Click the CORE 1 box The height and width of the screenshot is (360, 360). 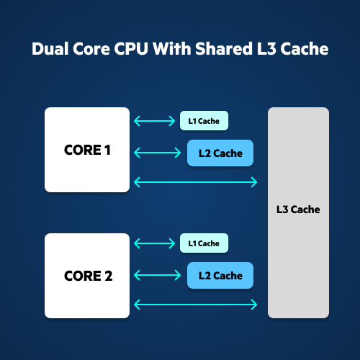(87, 150)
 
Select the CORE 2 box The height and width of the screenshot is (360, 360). (87, 276)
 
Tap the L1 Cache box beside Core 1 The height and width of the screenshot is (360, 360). (204, 121)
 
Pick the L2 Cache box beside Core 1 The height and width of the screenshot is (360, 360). (220, 153)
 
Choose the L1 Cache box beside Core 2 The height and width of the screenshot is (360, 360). (204, 243)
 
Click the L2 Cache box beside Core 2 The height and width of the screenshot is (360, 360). (220, 276)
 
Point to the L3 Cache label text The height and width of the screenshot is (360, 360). (298, 210)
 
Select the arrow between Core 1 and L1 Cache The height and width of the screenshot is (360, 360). (155, 121)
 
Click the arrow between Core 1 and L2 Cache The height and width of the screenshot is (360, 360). (158, 153)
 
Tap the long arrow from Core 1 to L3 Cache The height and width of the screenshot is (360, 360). (196, 182)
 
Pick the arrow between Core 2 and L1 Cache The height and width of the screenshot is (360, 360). (155, 243)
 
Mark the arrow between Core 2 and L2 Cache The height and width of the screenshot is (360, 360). (158, 275)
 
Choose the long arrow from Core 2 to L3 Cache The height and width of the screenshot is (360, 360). (196, 305)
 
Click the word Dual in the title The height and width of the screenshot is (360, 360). (50, 49)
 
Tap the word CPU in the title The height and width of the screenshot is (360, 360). (131, 49)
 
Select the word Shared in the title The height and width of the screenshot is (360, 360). (224, 49)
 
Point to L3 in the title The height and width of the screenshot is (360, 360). (266, 49)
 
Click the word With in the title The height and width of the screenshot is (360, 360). (172, 49)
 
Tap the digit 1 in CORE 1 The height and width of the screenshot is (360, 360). (107, 150)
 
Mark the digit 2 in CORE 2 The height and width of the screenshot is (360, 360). (109, 276)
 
